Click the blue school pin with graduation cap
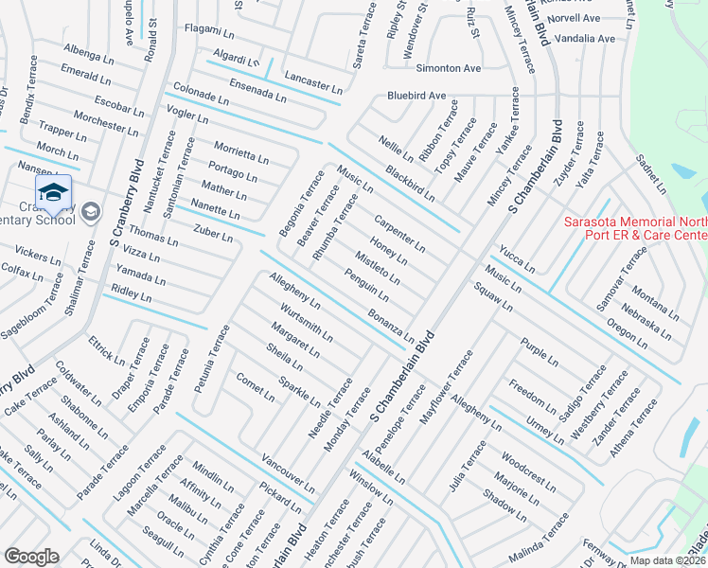[x=53, y=194]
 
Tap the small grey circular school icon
[x=91, y=210]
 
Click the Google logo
[x=32, y=557]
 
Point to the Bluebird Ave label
[x=416, y=97]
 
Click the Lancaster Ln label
[x=312, y=80]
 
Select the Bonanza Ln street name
[x=391, y=325]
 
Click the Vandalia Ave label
[x=587, y=39]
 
